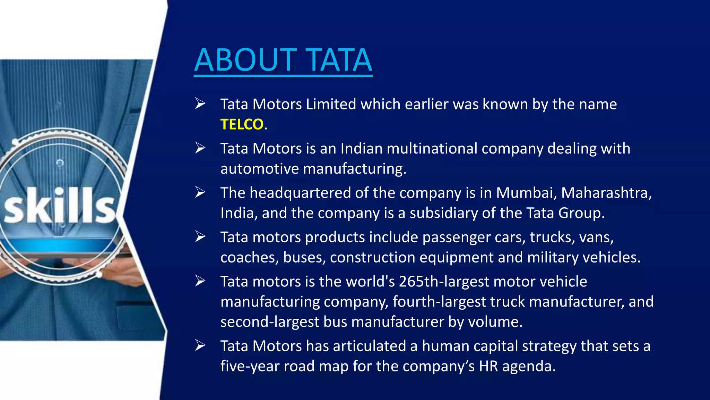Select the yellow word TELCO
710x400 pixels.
point(242,124)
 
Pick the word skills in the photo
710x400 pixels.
point(60,206)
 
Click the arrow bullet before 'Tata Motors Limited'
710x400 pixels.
point(200,103)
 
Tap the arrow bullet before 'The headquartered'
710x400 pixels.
point(200,192)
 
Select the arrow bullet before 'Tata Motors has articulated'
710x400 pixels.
point(200,345)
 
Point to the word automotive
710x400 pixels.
point(260,169)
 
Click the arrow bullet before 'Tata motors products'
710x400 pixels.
point(200,236)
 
